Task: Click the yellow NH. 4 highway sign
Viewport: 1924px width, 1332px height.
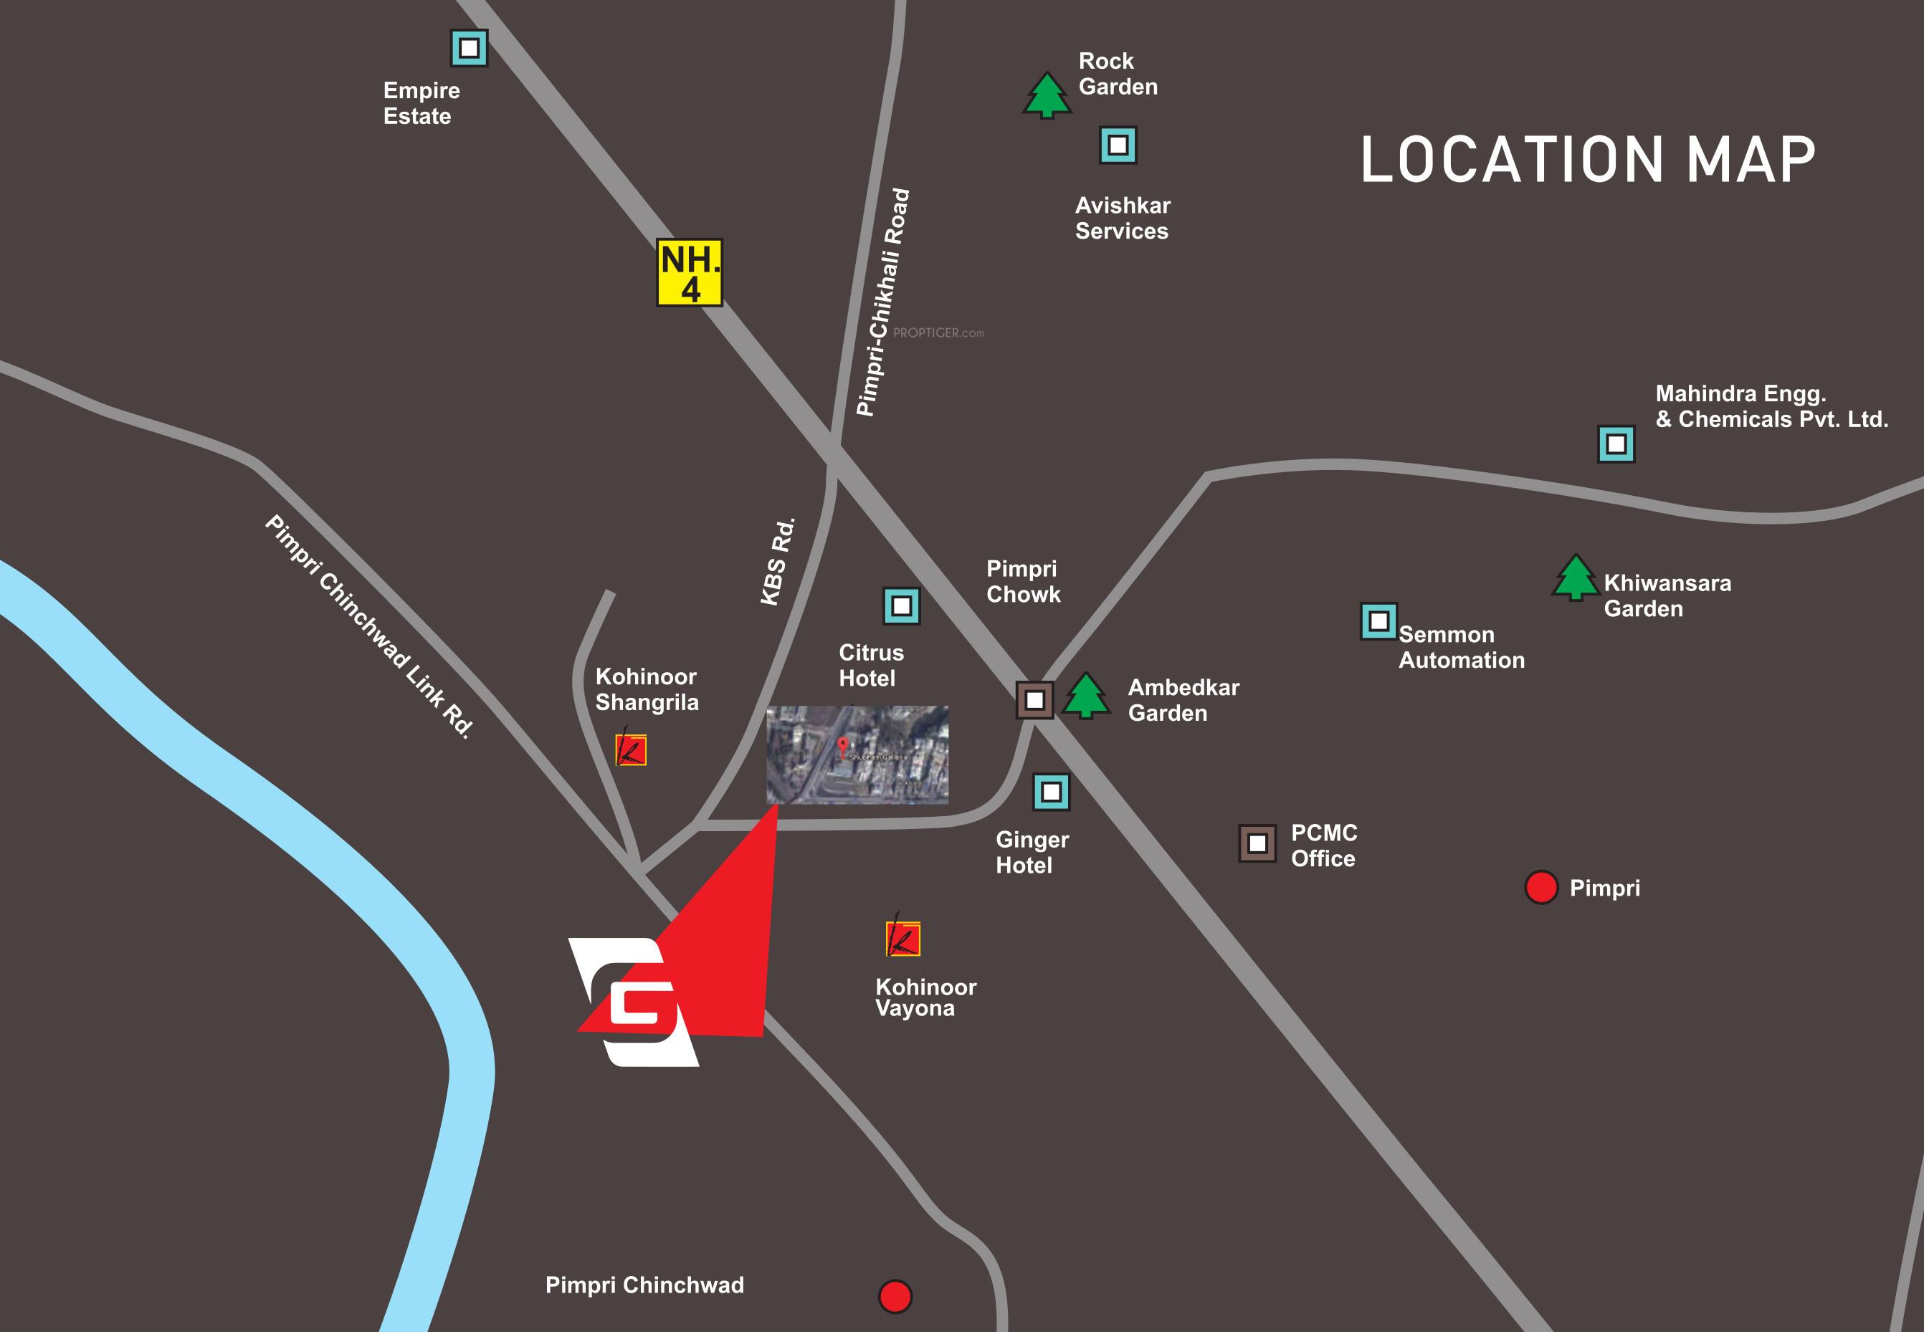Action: click(x=690, y=273)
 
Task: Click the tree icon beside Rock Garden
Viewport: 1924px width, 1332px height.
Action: click(x=1047, y=95)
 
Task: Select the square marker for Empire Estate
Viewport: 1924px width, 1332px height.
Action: click(x=469, y=49)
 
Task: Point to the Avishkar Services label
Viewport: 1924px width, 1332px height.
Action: click(x=1123, y=218)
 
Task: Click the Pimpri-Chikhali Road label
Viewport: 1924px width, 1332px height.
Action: click(x=883, y=302)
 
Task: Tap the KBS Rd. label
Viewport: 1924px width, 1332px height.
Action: click(x=778, y=562)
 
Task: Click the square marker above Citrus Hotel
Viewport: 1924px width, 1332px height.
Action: click(x=902, y=606)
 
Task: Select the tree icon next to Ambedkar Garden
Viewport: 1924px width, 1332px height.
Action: click(x=1086, y=695)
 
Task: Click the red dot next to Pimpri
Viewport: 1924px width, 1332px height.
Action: click(x=1541, y=887)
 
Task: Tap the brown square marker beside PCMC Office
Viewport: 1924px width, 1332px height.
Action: click(x=1257, y=844)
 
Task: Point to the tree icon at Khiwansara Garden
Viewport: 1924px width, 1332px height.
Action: click(x=1575, y=578)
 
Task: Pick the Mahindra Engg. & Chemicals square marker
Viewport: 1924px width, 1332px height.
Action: click(x=1616, y=444)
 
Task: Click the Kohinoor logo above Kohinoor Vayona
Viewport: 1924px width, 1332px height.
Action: click(x=903, y=938)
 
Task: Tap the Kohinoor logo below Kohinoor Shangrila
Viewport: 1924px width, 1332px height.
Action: click(x=631, y=749)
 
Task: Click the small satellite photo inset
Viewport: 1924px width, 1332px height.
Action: click(x=857, y=755)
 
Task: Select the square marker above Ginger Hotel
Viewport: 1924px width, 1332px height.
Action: click(x=1051, y=792)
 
